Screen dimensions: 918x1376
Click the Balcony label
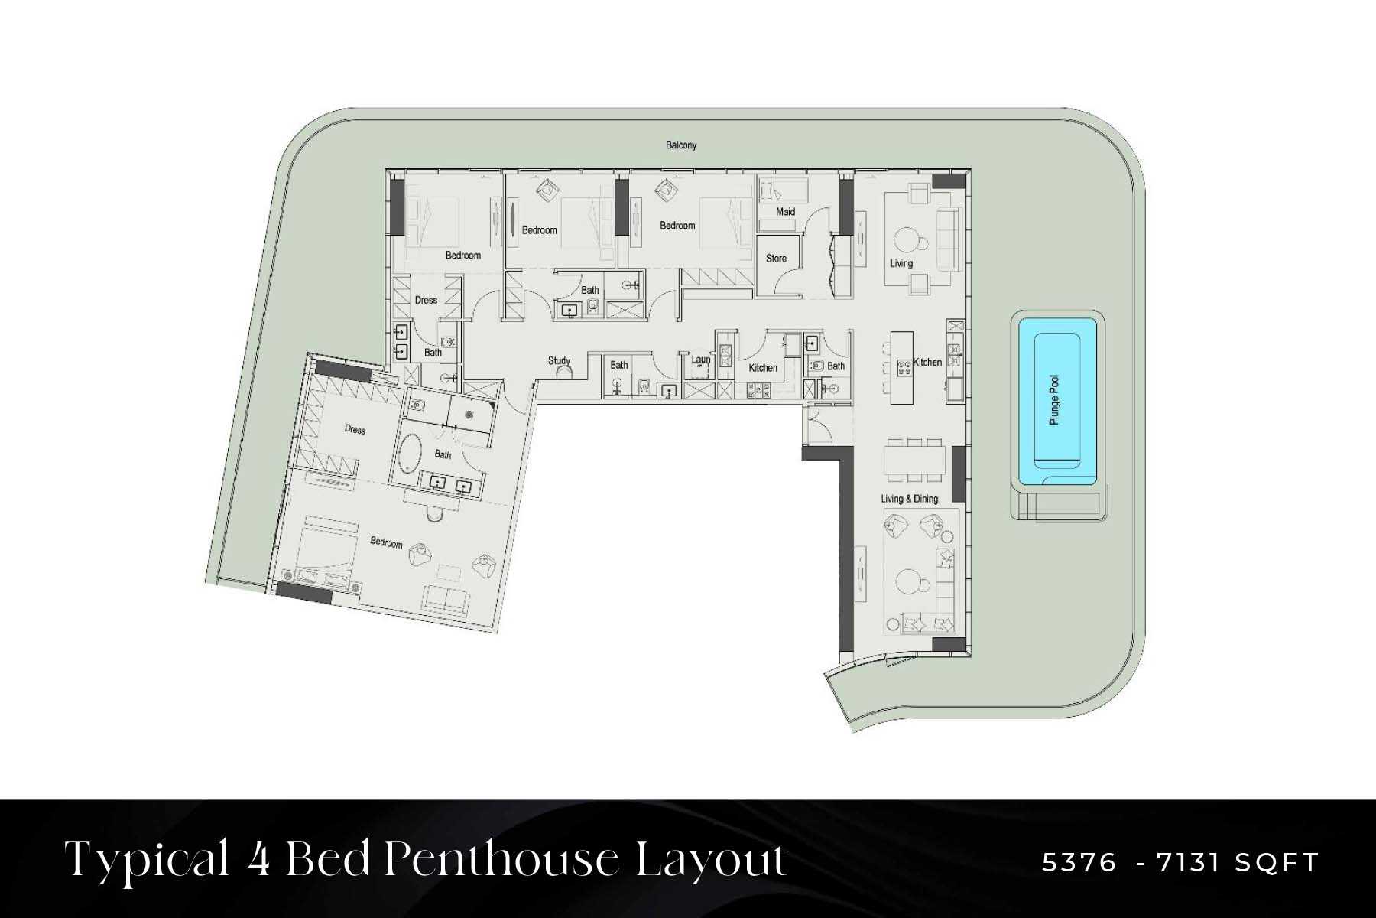(681, 145)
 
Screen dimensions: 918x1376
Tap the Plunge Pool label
(1055, 400)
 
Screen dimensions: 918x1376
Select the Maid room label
(785, 212)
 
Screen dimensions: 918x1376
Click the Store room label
(776, 259)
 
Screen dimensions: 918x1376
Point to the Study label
(559, 360)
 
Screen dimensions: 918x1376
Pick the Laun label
(700, 360)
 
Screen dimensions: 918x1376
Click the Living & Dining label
(909, 499)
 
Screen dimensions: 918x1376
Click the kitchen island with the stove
(903, 367)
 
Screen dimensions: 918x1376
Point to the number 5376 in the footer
(1079, 863)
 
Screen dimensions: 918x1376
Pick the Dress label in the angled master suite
(355, 429)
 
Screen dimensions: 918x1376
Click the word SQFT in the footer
(1277, 863)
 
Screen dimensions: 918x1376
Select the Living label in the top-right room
(901, 263)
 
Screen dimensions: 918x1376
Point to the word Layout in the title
(711, 860)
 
